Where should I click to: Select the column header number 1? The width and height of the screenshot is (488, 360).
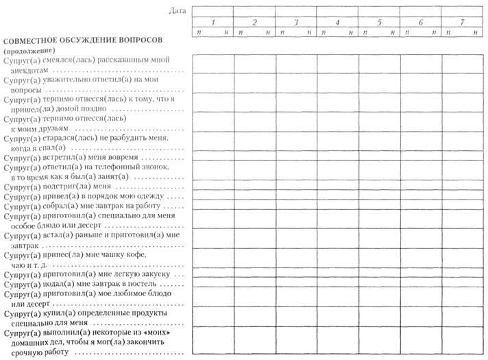(212, 23)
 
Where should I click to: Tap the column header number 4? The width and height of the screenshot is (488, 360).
(337, 23)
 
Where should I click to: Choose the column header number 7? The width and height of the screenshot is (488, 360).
(462, 23)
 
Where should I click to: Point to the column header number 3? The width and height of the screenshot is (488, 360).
(295, 23)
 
